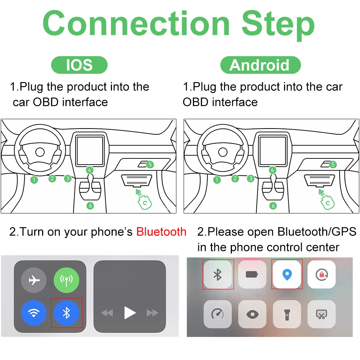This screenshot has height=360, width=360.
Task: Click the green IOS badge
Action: [79, 65]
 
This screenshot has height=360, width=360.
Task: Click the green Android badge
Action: [260, 65]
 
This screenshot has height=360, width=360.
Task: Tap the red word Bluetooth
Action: [161, 232]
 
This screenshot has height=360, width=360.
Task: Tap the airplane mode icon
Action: [34, 280]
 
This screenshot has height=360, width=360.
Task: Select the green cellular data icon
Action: [66, 280]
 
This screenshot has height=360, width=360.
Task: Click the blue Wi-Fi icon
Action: [34, 313]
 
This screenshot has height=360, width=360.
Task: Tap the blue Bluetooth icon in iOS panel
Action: [67, 313]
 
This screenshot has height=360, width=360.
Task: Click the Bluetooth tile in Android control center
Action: [217, 275]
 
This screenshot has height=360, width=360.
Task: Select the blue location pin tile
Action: [287, 275]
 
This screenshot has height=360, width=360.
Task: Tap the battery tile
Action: [252, 275]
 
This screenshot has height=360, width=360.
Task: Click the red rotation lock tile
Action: [321, 275]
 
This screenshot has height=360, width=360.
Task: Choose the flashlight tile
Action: [287, 314]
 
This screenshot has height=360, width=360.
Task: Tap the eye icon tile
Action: [252, 314]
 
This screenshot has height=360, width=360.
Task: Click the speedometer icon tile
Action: [217, 314]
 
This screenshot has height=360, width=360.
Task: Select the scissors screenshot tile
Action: [321, 314]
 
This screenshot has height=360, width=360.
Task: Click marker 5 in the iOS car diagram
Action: [150, 165]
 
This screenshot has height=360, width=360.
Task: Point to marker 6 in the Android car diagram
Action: [273, 206]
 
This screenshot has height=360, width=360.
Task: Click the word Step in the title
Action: [278, 24]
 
